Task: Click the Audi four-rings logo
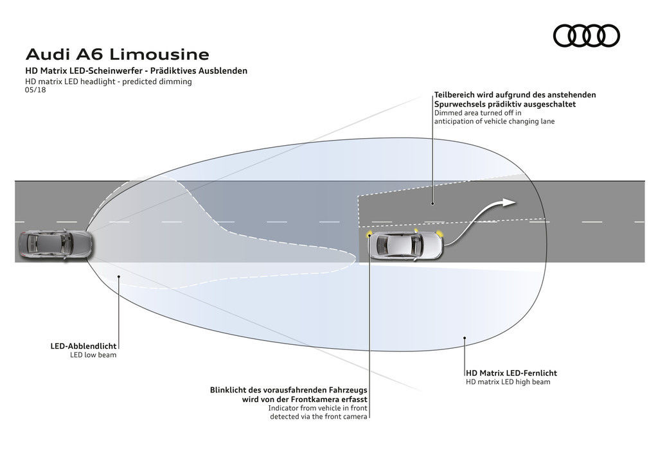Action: tap(586, 35)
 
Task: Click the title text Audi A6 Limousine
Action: tap(116, 53)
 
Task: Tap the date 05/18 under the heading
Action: tap(35, 91)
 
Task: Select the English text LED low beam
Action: tap(93, 355)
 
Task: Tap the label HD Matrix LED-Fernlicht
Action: tap(511, 373)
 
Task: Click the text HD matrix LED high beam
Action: tap(508, 382)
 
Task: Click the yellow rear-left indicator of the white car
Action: tap(370, 235)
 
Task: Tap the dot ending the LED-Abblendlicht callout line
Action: tap(118, 276)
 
